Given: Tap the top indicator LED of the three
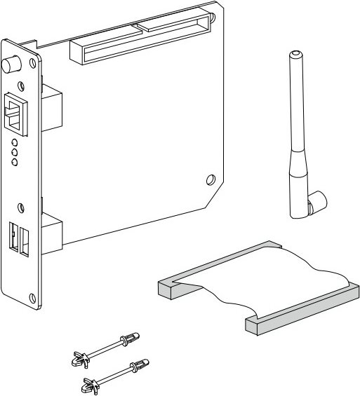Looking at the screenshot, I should tap(14, 142).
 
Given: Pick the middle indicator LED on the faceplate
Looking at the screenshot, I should tap(14, 152).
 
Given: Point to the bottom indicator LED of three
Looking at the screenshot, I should tap(14, 162).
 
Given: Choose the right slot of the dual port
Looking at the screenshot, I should tap(25, 240).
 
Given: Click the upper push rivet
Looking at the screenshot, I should tap(105, 348).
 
